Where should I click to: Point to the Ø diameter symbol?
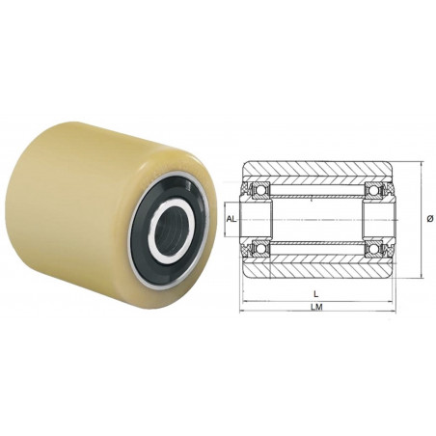click(x=428, y=219)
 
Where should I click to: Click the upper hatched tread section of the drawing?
click(x=317, y=172)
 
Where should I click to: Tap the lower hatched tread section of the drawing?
click(x=317, y=265)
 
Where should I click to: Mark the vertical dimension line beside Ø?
click(x=419, y=219)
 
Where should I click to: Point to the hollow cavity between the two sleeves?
click(x=317, y=219)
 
